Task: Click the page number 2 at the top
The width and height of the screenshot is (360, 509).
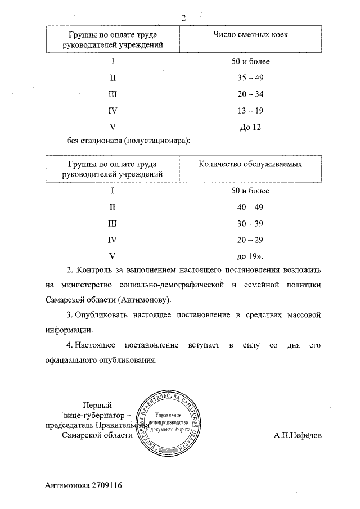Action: (x=184, y=17)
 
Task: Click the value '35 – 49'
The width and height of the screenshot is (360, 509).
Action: (x=250, y=78)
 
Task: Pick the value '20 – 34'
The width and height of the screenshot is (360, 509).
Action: (x=250, y=94)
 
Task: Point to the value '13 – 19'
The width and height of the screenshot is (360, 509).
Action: (x=250, y=111)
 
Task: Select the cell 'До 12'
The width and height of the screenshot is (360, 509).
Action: (x=250, y=127)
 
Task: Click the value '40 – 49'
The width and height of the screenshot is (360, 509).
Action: (x=250, y=207)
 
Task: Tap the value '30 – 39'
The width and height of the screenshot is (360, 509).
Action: (x=250, y=223)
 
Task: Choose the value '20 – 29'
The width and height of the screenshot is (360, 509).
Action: (x=250, y=240)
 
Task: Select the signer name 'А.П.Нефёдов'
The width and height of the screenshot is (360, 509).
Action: (x=298, y=435)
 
